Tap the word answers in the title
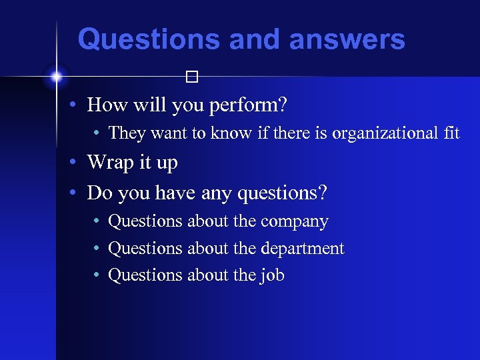(x=347, y=39)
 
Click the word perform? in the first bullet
(x=253, y=105)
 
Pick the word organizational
(x=385, y=133)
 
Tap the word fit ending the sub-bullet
(x=451, y=133)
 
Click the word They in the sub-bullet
(x=127, y=133)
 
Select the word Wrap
(x=109, y=163)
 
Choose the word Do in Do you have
(x=98, y=193)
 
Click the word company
(x=295, y=222)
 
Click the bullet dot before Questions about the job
(x=97, y=275)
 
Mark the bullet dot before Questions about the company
(x=97, y=221)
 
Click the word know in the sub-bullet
(x=230, y=133)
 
